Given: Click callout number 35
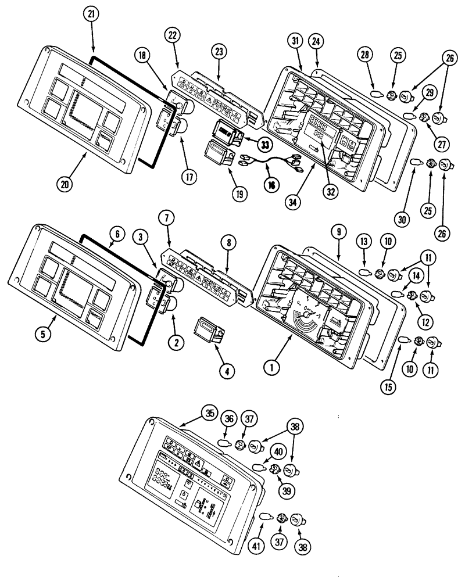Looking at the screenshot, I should [x=209, y=414].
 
